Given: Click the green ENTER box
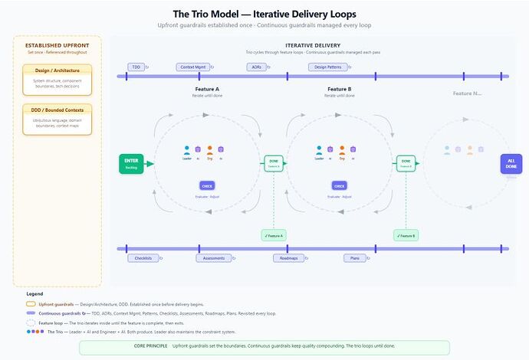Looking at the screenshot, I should (131, 163).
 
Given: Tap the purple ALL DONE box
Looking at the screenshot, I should (511, 163).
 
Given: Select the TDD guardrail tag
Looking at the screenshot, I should (137, 67).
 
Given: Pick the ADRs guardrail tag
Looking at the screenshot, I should (257, 67).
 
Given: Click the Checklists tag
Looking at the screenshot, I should (143, 258).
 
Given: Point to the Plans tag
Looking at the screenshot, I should (353, 258).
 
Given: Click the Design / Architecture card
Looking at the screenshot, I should (57, 77).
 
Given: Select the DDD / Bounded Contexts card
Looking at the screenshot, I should (57, 119).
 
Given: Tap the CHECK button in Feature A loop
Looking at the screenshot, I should (207, 185).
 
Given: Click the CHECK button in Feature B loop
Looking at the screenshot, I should (339, 185).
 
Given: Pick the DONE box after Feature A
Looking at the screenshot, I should (274, 163).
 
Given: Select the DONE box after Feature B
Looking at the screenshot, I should (406, 163).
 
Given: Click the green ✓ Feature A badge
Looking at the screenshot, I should (272, 235).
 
